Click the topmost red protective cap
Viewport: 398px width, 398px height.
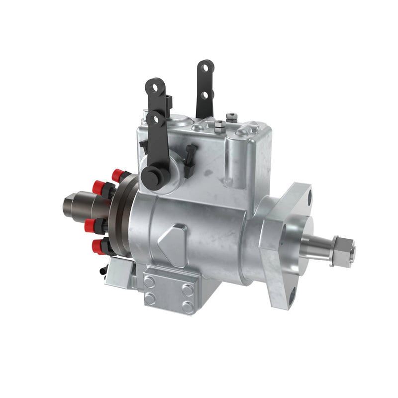(x=118, y=174)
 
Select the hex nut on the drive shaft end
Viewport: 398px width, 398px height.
(x=345, y=246)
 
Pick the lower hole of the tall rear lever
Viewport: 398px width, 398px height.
(x=203, y=95)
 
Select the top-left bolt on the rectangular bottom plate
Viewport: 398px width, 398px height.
(x=149, y=281)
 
